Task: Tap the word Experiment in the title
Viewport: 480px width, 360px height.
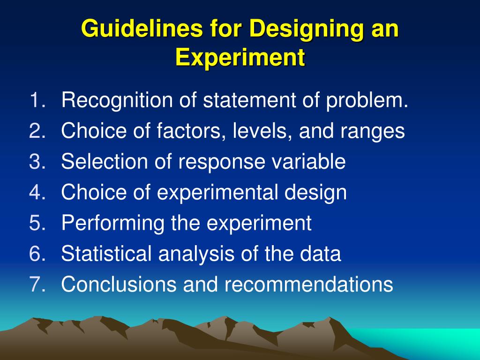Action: [x=240, y=58]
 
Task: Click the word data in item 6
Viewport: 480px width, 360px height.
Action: [x=322, y=254]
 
